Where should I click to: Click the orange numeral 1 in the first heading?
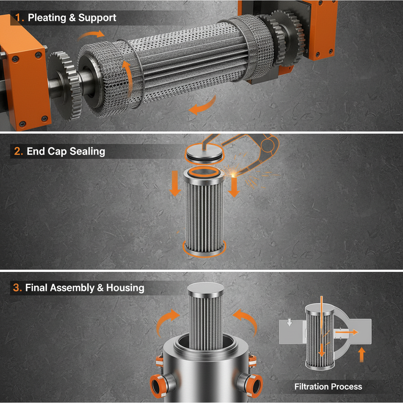(x=18, y=18)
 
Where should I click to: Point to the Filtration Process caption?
(x=328, y=386)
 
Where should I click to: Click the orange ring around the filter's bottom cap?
(x=205, y=249)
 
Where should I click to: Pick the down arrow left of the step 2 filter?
(x=175, y=185)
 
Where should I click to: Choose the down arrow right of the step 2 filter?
(x=234, y=186)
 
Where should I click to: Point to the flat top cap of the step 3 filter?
(x=205, y=289)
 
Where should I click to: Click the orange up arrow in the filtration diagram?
(x=362, y=354)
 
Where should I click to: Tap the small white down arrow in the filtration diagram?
(x=290, y=322)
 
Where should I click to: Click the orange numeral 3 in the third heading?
(x=17, y=288)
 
